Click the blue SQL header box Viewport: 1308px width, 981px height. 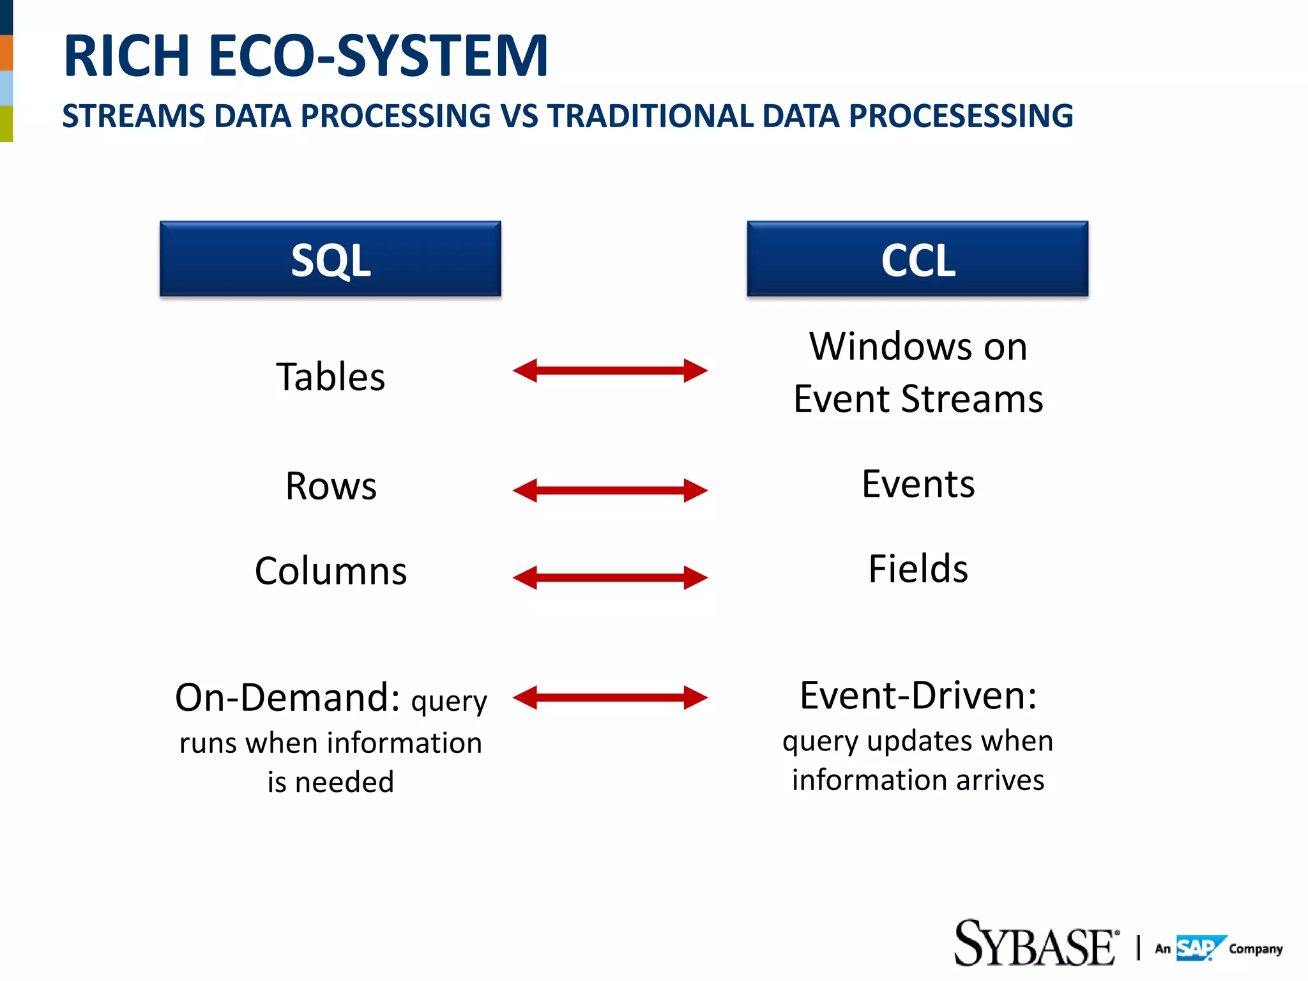click(x=330, y=259)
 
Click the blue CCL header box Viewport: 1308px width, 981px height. click(x=917, y=259)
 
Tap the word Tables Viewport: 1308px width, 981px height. click(x=330, y=376)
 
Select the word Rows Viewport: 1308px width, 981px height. click(x=331, y=486)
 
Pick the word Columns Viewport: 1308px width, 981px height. click(x=330, y=570)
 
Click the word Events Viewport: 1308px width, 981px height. click(x=918, y=483)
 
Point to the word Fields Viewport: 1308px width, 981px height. click(x=918, y=568)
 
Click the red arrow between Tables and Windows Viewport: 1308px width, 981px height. click(x=610, y=370)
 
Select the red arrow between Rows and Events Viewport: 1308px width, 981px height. click(x=610, y=490)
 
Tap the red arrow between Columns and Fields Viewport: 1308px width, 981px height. click(x=610, y=577)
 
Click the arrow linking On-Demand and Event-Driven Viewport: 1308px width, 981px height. click(x=610, y=697)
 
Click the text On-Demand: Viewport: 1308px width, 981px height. click(x=287, y=697)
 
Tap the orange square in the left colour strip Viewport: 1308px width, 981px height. click(x=6, y=53)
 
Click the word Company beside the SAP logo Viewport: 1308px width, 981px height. click(x=1255, y=949)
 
